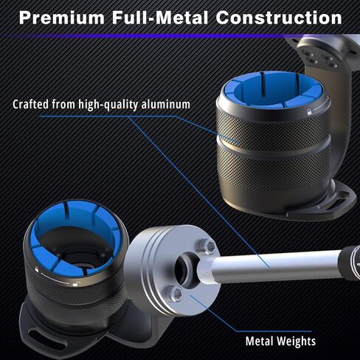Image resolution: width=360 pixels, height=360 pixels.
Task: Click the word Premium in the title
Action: pyautogui.click(x=62, y=18)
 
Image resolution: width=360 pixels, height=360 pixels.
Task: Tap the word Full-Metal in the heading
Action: pyautogui.click(x=160, y=18)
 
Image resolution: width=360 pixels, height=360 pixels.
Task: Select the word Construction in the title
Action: pyautogui.click(x=279, y=18)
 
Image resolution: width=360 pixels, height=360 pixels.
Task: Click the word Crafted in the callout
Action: pyautogui.click(x=31, y=104)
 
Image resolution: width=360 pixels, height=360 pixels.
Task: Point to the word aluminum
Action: pyautogui.click(x=166, y=104)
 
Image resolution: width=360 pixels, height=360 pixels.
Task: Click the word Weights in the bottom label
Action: pyautogui.click(x=296, y=342)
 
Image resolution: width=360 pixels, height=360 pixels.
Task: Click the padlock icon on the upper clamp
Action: pyautogui.click(x=308, y=112)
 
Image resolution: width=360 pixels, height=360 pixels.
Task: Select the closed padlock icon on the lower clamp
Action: pyautogui.click(x=37, y=269)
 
